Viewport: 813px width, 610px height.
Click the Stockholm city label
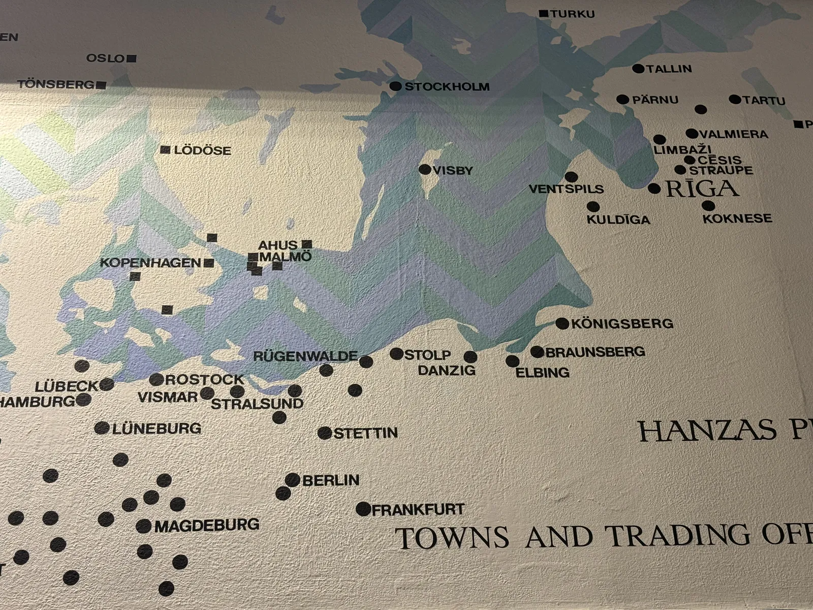coord(447,87)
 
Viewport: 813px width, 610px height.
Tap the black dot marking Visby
coord(425,169)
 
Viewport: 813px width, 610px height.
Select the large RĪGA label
coord(702,189)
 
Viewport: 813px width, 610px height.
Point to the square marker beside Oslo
coord(132,58)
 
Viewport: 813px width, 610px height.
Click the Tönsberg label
coord(56,84)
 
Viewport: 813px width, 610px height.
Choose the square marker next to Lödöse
coord(165,150)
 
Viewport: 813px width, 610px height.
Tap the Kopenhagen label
coord(150,263)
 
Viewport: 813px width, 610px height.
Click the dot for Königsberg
coord(562,323)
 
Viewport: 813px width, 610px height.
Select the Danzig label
coord(447,371)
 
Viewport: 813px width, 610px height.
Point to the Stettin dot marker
coord(325,433)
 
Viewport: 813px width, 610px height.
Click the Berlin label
coord(331,480)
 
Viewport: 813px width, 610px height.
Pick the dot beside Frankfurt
coord(363,509)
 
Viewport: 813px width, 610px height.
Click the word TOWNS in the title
coord(452,538)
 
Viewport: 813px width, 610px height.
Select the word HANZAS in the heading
coord(707,431)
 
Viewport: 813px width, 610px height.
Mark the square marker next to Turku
coord(544,14)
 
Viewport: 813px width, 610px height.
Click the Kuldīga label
coord(618,220)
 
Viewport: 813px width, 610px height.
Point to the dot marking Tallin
coord(638,69)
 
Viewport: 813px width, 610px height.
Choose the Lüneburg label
coord(157,429)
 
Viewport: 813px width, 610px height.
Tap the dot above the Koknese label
coord(708,206)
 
